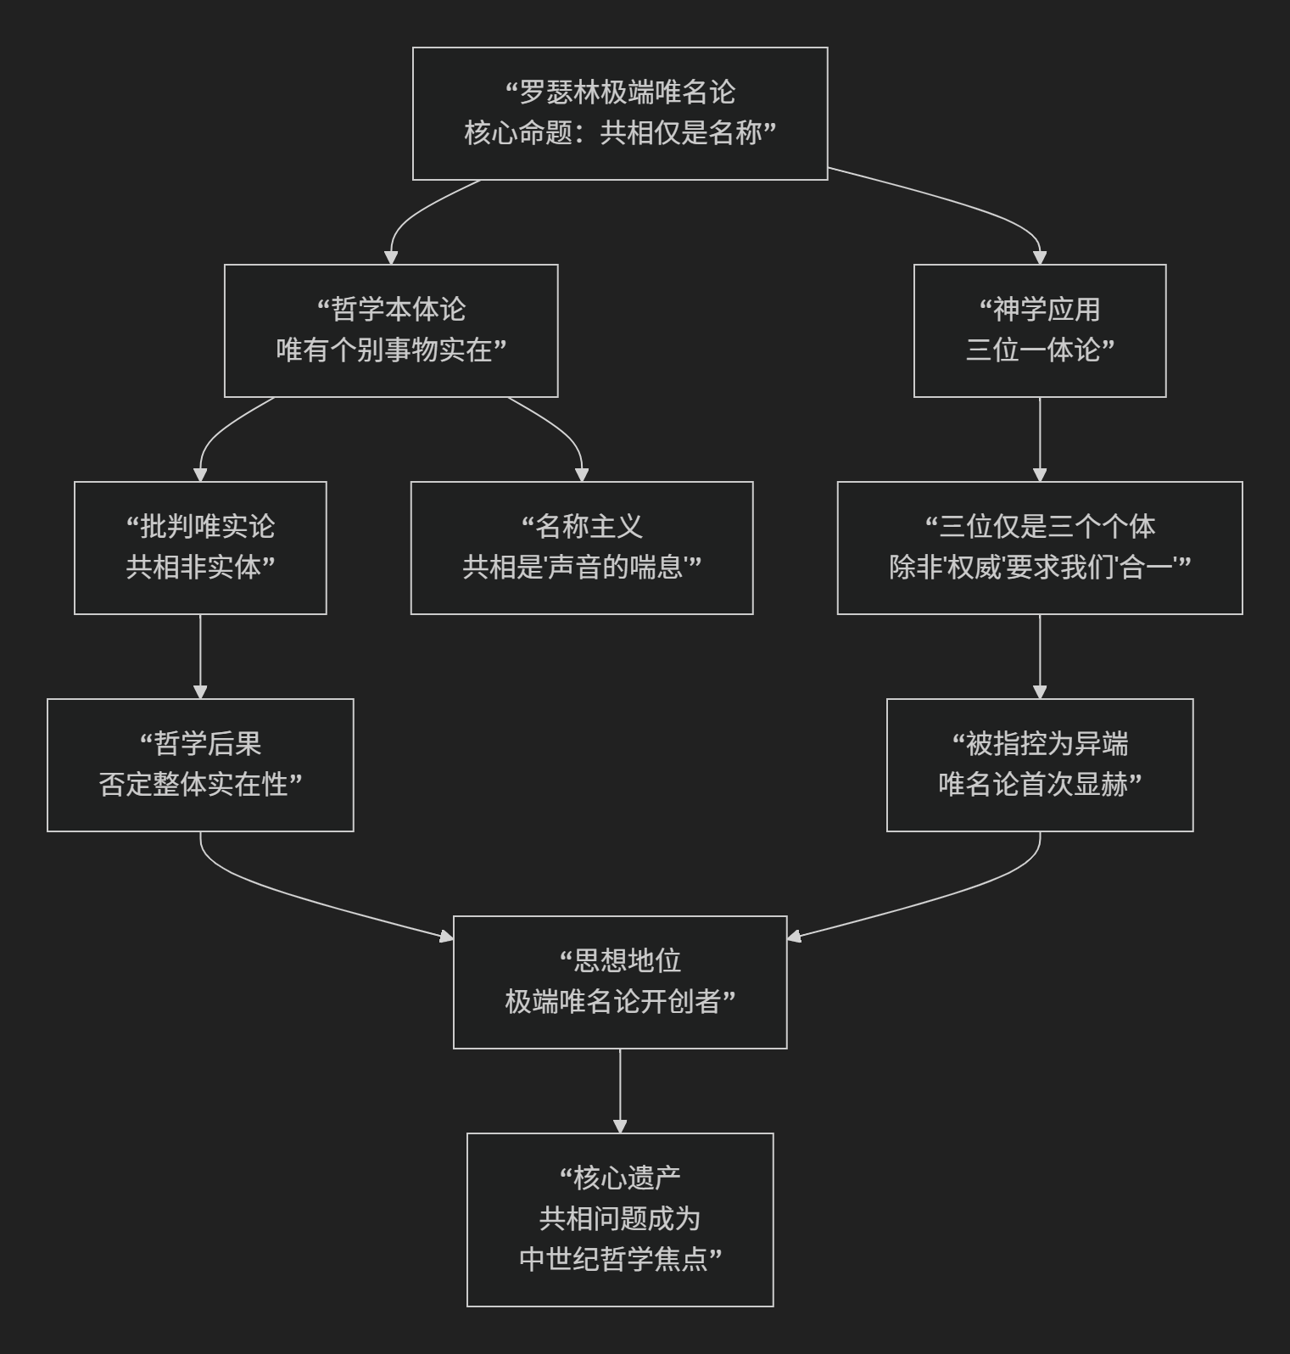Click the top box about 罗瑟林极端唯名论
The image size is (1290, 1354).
[620, 113]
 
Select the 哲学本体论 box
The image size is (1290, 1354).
[391, 330]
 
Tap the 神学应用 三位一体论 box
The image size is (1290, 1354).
[1039, 330]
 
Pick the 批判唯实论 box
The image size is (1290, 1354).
[200, 547]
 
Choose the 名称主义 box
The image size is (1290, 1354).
[582, 547]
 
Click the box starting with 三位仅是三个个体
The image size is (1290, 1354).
[1039, 547]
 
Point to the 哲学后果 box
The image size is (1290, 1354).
[200, 764]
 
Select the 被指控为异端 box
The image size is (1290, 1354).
[1039, 764]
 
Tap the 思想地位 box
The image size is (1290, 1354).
[620, 982]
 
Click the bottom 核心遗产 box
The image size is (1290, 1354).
[620, 1219]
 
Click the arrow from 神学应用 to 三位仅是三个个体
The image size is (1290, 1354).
[1040, 439]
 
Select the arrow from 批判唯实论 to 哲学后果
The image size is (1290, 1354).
[200, 657]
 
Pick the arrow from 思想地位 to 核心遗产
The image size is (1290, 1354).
[620, 1091]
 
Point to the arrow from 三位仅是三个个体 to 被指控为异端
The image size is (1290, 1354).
[1040, 657]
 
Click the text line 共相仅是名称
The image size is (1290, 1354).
[687, 133]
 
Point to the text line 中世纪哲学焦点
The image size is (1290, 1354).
[620, 1259]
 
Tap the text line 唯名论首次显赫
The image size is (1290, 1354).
[1039, 785]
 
